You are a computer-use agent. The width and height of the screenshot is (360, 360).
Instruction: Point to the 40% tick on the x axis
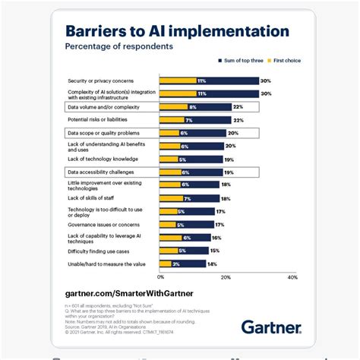292,277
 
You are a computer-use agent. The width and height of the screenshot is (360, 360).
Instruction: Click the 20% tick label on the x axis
226,277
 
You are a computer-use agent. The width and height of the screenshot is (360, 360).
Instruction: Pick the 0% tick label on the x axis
160,277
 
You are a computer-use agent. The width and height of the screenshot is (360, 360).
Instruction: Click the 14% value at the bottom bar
212,264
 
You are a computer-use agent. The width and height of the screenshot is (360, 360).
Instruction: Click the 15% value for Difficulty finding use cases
215,250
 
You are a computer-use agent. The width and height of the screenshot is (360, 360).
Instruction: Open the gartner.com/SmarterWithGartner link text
128,292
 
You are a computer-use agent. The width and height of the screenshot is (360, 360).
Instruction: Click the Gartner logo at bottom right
270,327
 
